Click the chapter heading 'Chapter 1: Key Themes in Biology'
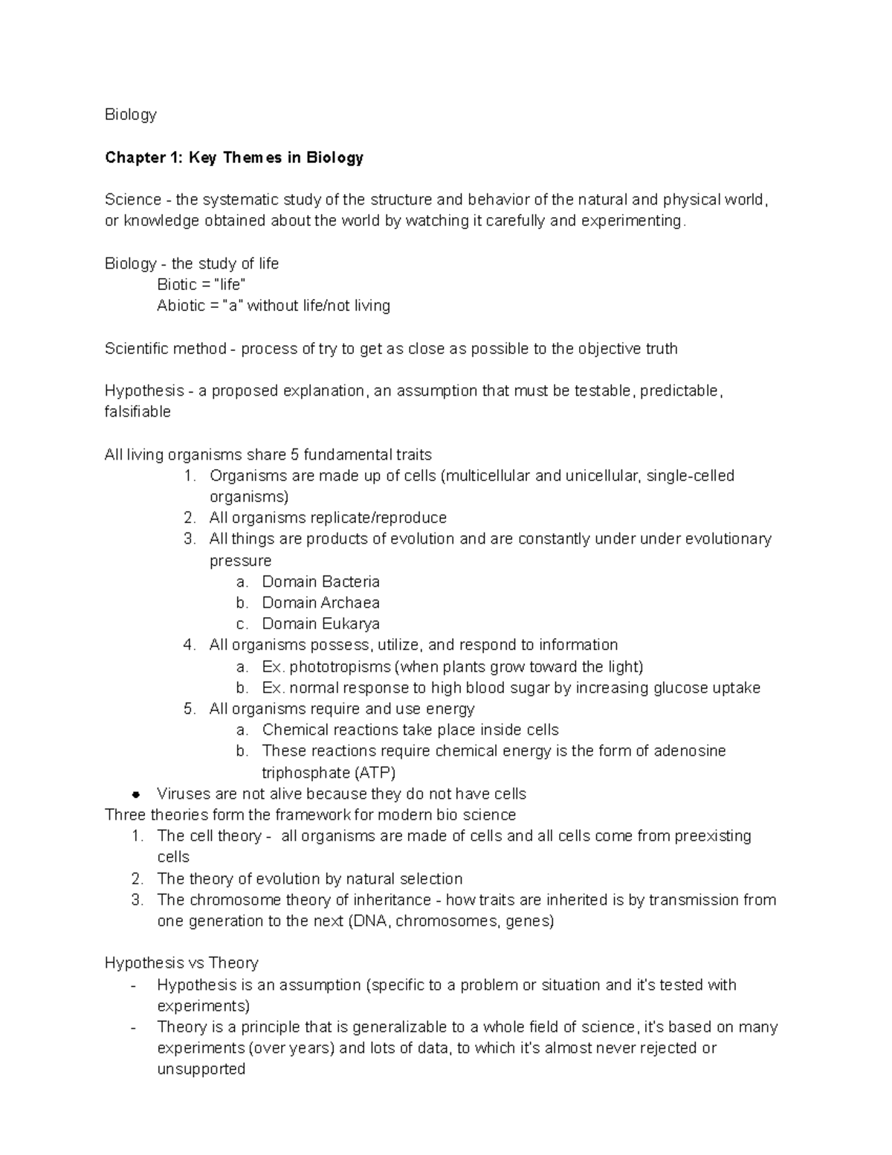click(234, 158)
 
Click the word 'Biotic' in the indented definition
click(177, 285)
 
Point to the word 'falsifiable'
click(138, 412)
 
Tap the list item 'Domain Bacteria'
click(320, 582)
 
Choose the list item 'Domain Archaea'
click(320, 602)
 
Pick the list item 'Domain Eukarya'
click(320, 624)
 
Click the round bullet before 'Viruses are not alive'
click(135, 794)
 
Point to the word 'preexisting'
click(713, 836)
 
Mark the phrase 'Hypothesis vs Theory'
click(181, 963)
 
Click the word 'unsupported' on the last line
click(201, 1069)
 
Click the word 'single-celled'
click(691, 476)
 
